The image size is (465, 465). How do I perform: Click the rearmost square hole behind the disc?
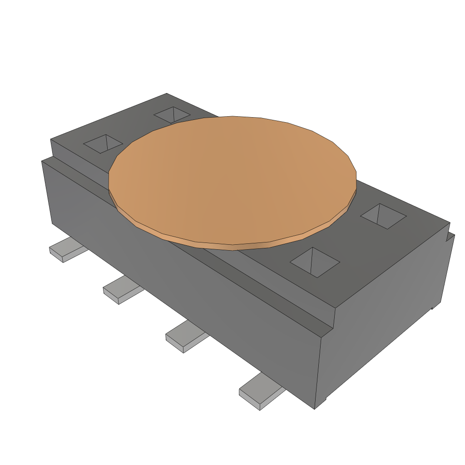[172, 114]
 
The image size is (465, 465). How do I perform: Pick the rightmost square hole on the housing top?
[383, 216]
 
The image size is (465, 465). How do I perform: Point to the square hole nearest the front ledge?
[315, 262]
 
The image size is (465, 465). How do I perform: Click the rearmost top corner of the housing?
[167, 94]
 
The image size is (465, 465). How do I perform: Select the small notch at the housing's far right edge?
[451, 236]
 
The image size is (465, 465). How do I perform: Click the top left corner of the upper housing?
[50, 139]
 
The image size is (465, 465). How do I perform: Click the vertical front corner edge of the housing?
[318, 372]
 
